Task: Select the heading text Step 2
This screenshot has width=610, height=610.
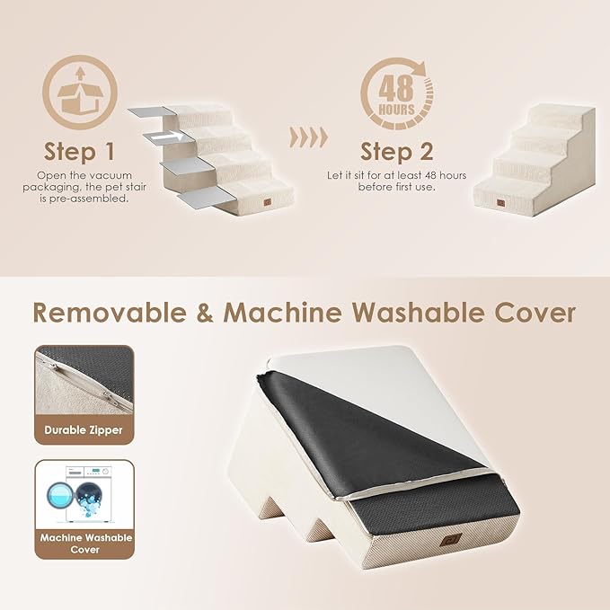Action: tap(397, 150)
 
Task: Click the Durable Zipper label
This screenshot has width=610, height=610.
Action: tap(84, 430)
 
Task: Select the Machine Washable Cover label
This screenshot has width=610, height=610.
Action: tap(84, 544)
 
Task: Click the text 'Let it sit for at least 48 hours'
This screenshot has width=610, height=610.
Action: tap(397, 174)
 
